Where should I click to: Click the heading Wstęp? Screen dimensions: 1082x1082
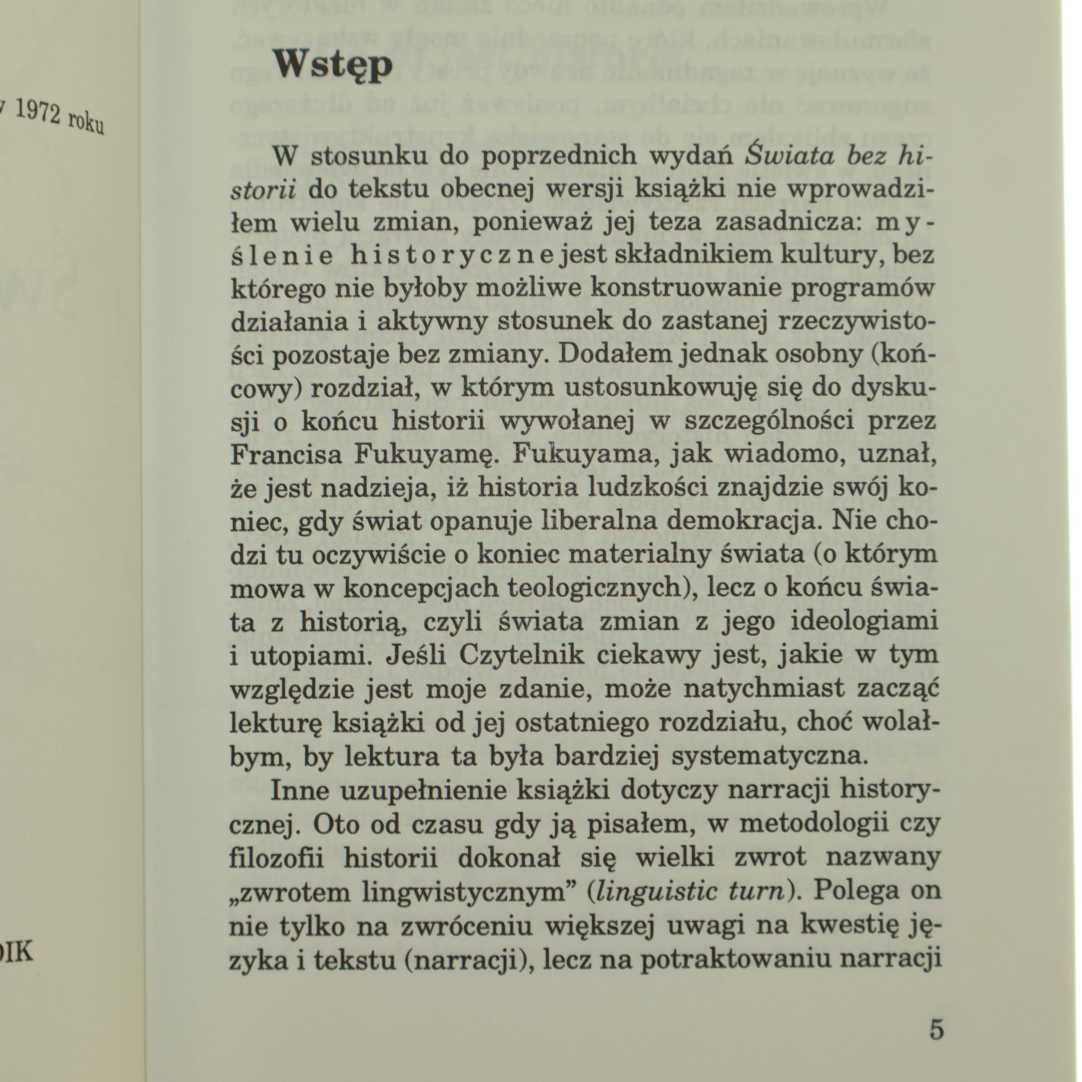point(333,66)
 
